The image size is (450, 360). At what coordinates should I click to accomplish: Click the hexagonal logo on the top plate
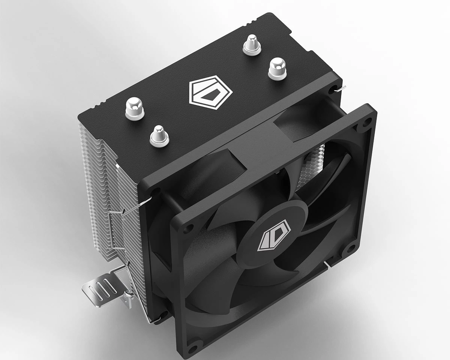(210, 92)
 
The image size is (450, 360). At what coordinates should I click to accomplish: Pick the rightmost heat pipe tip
(277, 68)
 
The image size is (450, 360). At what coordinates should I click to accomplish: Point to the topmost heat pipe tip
(252, 44)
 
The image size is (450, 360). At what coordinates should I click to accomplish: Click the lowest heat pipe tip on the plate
(159, 136)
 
